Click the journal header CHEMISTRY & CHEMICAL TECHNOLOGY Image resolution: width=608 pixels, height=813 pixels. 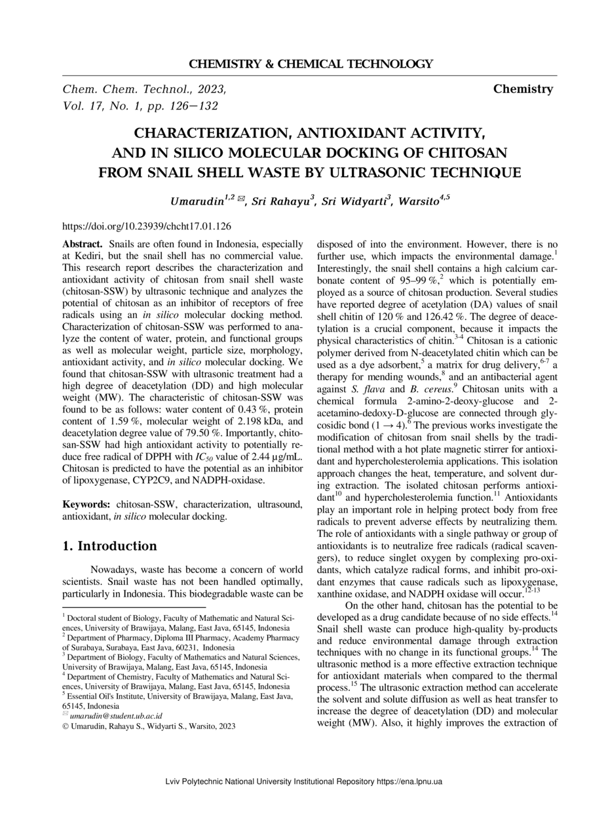click(x=311, y=64)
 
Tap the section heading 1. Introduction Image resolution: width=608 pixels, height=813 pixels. click(x=109, y=546)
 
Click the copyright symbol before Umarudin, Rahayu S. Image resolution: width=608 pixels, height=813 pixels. click(x=66, y=726)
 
